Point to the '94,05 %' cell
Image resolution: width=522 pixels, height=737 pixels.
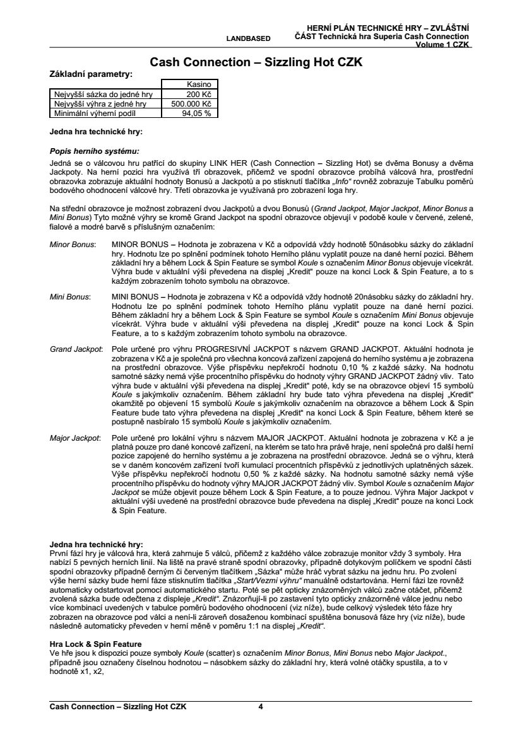(x=196, y=113)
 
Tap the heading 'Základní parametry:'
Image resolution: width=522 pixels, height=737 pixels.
(x=91, y=74)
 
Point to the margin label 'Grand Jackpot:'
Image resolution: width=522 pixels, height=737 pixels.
(x=76, y=348)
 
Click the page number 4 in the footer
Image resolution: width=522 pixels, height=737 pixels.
(x=261, y=707)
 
